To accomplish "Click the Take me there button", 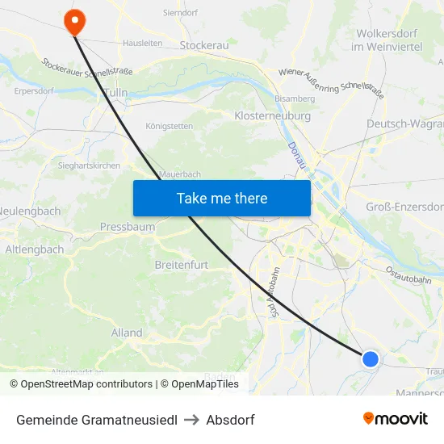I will point(222,198).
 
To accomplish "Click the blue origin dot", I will point(370,358).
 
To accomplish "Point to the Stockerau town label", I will point(204,46).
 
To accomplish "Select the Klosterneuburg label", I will point(272,116).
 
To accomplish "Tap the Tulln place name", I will point(115,93).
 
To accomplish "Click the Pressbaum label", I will point(128,227).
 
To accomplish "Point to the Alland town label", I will point(127,333).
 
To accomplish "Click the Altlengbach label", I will point(35,249).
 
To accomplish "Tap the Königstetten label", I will point(170,127).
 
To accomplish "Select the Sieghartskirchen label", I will point(89,165).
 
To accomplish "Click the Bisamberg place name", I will point(295,98).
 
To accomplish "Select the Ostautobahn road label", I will point(408,274).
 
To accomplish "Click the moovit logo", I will point(396,419).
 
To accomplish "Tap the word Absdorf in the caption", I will point(230,420).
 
